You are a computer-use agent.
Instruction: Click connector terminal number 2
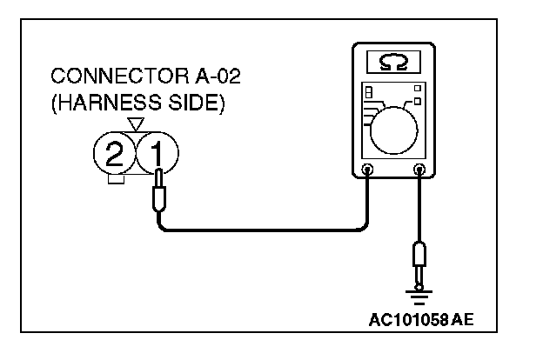[113, 156]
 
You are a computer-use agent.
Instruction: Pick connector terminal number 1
[156, 156]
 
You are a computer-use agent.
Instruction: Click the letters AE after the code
[464, 319]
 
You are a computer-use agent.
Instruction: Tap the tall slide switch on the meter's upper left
[368, 92]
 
